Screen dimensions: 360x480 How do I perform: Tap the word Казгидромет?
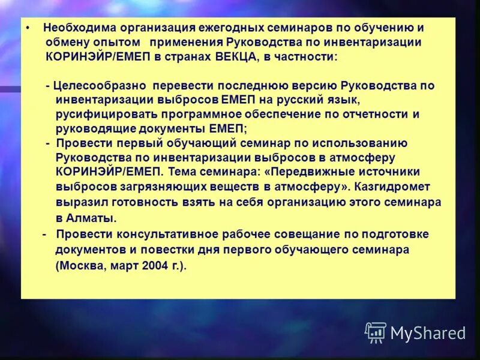click(395, 187)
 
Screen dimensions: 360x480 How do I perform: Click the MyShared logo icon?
click(375, 332)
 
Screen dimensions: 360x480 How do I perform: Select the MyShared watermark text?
click(428, 332)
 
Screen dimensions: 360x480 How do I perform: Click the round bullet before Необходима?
click(28, 28)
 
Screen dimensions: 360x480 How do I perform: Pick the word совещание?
click(314, 234)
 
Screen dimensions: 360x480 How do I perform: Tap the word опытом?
click(116, 42)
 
